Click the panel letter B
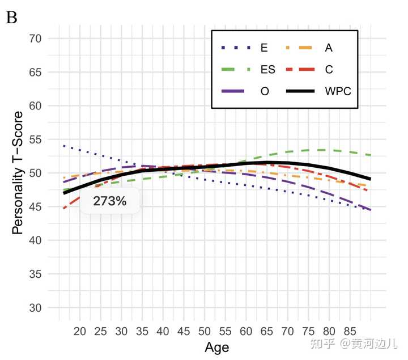tap(11, 18)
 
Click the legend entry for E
tap(264, 48)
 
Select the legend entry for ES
tap(267, 70)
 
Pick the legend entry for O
tap(265, 91)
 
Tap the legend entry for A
tap(329, 48)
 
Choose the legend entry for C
tap(329, 70)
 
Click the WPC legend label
tap(338, 91)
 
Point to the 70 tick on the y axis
tap(37, 39)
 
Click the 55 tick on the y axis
tap(37, 139)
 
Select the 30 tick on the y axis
tap(37, 308)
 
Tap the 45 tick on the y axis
tap(37, 207)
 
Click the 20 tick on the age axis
tap(80, 331)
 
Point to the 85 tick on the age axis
tap(350, 331)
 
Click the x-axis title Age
tap(216, 347)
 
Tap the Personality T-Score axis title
tap(18, 173)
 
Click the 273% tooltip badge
tap(109, 201)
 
